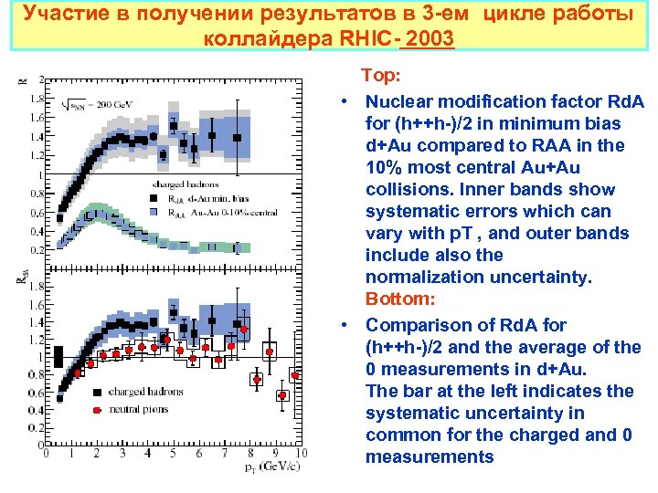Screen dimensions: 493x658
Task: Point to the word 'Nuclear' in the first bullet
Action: tap(398, 100)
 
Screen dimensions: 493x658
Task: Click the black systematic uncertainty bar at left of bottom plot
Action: tap(58, 357)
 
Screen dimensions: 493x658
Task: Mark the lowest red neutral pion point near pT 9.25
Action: tap(282, 395)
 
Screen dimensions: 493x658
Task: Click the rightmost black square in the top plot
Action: tap(238, 138)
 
